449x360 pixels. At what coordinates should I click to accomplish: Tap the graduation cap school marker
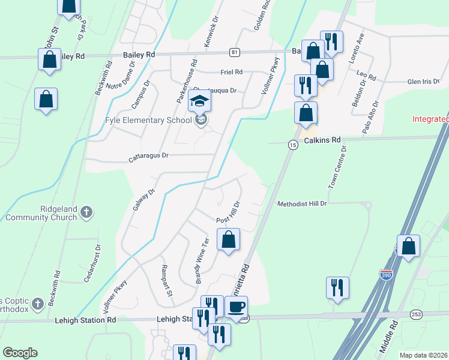[x=200, y=101]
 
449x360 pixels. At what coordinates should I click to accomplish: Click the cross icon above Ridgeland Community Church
[x=87, y=212]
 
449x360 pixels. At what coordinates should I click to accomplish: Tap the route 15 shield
[x=292, y=145]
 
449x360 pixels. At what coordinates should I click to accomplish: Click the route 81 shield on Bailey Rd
[x=234, y=52]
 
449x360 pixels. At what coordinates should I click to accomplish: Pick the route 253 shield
[x=416, y=314]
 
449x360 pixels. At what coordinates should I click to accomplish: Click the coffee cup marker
[x=236, y=308]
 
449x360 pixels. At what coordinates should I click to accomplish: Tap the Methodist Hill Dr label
[x=302, y=204]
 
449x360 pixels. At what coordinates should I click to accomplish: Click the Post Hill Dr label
[x=229, y=213]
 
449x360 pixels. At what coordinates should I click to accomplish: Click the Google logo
[x=20, y=353]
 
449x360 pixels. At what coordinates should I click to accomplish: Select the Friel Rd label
[x=231, y=72]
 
